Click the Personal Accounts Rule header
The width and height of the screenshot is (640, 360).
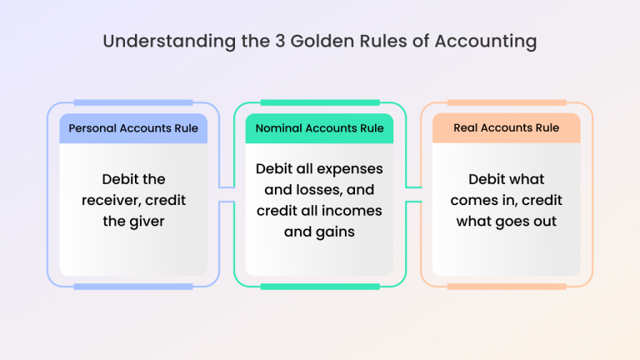tap(133, 128)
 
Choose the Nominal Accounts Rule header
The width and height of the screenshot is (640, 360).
tap(320, 128)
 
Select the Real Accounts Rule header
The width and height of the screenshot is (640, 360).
tap(506, 128)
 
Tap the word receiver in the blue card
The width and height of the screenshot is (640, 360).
tap(112, 200)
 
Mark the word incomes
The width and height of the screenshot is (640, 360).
tap(352, 210)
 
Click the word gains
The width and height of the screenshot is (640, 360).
tap(333, 232)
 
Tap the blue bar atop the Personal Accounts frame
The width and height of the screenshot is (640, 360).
tap(133, 102)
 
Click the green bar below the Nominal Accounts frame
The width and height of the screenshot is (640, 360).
tap(320, 286)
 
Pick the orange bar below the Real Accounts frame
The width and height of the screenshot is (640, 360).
tap(506, 286)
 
